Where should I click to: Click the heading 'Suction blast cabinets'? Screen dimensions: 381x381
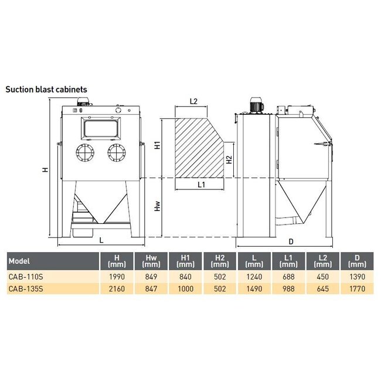(x=46, y=90)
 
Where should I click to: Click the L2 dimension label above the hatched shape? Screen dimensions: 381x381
(x=193, y=101)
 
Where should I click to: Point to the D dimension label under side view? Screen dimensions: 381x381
(x=291, y=241)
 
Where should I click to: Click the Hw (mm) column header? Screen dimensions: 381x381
(x=151, y=261)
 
